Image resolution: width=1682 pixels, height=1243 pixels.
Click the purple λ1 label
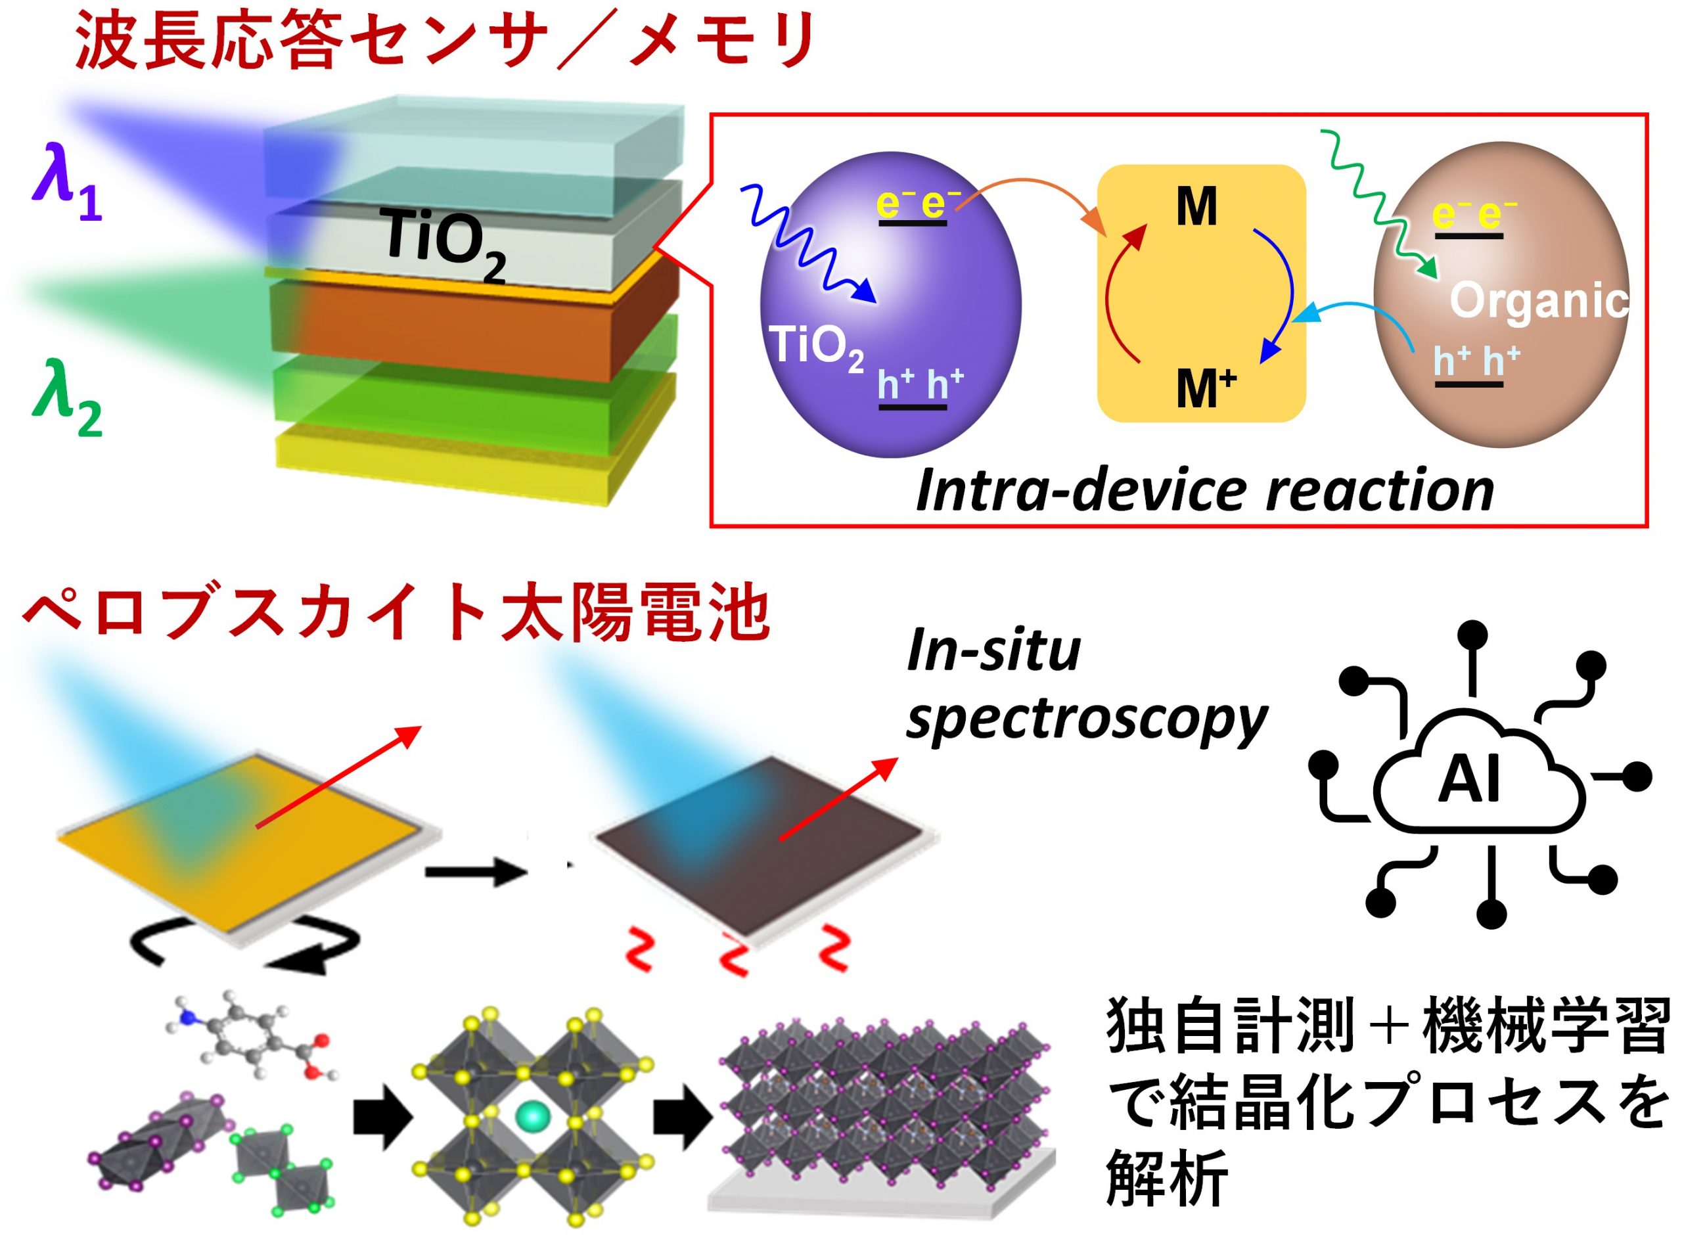tap(66, 188)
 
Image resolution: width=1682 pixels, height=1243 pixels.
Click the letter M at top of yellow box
tap(1196, 207)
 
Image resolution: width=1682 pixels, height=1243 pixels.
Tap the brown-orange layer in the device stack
tap(451, 331)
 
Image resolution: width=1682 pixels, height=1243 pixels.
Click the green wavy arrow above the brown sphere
tap(1377, 203)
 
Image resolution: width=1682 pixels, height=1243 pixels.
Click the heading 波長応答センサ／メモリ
tap(444, 41)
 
